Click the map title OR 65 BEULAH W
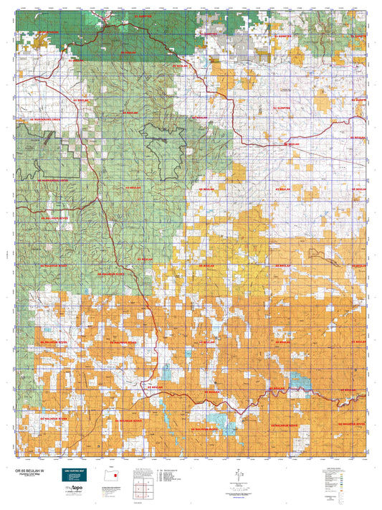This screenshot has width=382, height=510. [28, 471]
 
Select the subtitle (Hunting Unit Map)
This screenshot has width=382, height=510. [27, 476]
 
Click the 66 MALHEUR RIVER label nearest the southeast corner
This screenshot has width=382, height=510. [350, 425]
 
